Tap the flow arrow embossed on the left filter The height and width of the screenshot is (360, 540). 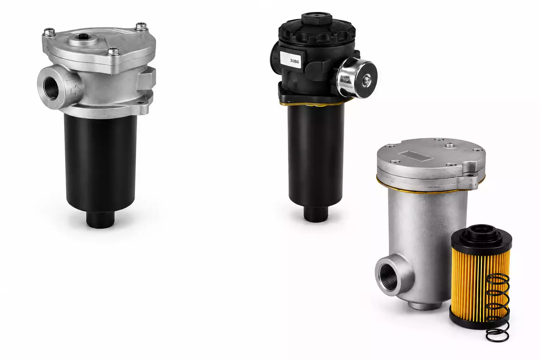point(76,90)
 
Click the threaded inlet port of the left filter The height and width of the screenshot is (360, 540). point(51,88)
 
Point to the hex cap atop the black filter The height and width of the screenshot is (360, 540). point(316,18)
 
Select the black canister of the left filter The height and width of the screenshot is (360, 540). point(101,164)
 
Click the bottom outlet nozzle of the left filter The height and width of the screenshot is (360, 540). point(100,219)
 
